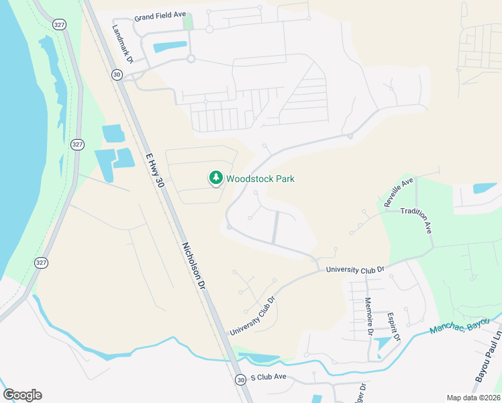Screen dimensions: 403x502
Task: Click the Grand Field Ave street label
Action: pyautogui.click(x=160, y=15)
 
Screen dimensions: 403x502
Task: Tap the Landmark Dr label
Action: pyautogui.click(x=123, y=45)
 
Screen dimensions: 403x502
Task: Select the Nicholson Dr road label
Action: pyautogui.click(x=193, y=265)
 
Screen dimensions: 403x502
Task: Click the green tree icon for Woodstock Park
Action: pyautogui.click(x=215, y=178)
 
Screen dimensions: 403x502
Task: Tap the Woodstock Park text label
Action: pyautogui.click(x=260, y=179)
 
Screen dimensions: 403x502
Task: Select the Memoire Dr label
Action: pyautogui.click(x=368, y=316)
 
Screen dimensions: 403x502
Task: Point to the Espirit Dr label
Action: pyautogui.click(x=393, y=326)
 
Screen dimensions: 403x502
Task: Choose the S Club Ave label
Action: pyautogui.click(x=268, y=378)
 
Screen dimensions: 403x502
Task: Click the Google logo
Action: pyautogui.click(x=22, y=394)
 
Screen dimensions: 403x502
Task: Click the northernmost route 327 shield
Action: pyautogui.click(x=58, y=24)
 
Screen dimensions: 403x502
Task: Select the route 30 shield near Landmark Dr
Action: pyautogui.click(x=117, y=75)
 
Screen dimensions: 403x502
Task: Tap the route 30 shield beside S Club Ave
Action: pyautogui.click(x=240, y=380)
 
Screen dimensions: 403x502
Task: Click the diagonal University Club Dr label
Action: pyautogui.click(x=252, y=317)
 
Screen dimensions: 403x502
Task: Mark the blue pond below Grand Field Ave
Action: pyautogui.click(x=170, y=48)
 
